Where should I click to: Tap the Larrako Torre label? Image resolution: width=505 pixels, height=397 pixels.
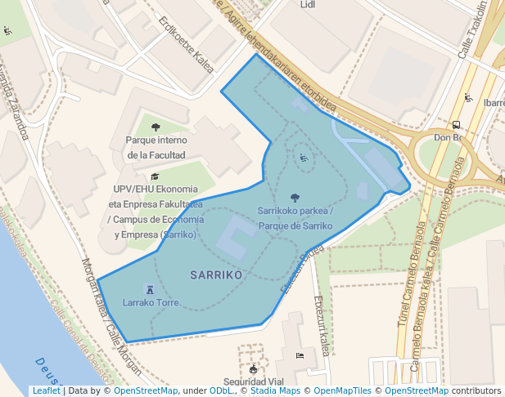click(151, 302)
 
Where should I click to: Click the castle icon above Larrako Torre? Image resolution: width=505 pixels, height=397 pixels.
click(149, 289)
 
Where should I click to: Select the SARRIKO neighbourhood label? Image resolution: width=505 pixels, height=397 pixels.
click(216, 275)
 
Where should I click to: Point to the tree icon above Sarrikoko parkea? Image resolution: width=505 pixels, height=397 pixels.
click(295, 197)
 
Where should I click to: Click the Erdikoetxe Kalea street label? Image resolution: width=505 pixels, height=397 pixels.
click(187, 45)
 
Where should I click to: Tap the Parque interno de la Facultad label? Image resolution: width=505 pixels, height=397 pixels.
click(156, 147)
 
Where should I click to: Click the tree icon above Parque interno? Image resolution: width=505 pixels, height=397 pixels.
click(156, 127)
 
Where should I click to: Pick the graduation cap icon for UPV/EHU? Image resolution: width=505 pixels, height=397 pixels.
click(155, 176)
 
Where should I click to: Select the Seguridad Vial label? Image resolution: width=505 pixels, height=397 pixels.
click(254, 381)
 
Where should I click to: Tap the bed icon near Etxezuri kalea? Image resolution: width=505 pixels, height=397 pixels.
click(300, 356)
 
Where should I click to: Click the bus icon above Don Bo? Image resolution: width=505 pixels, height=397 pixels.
click(456, 125)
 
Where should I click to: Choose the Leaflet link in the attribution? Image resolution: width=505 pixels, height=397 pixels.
click(46, 391)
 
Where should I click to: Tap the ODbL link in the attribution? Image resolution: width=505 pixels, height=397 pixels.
click(221, 391)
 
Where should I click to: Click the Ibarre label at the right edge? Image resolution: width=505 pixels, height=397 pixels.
click(494, 104)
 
